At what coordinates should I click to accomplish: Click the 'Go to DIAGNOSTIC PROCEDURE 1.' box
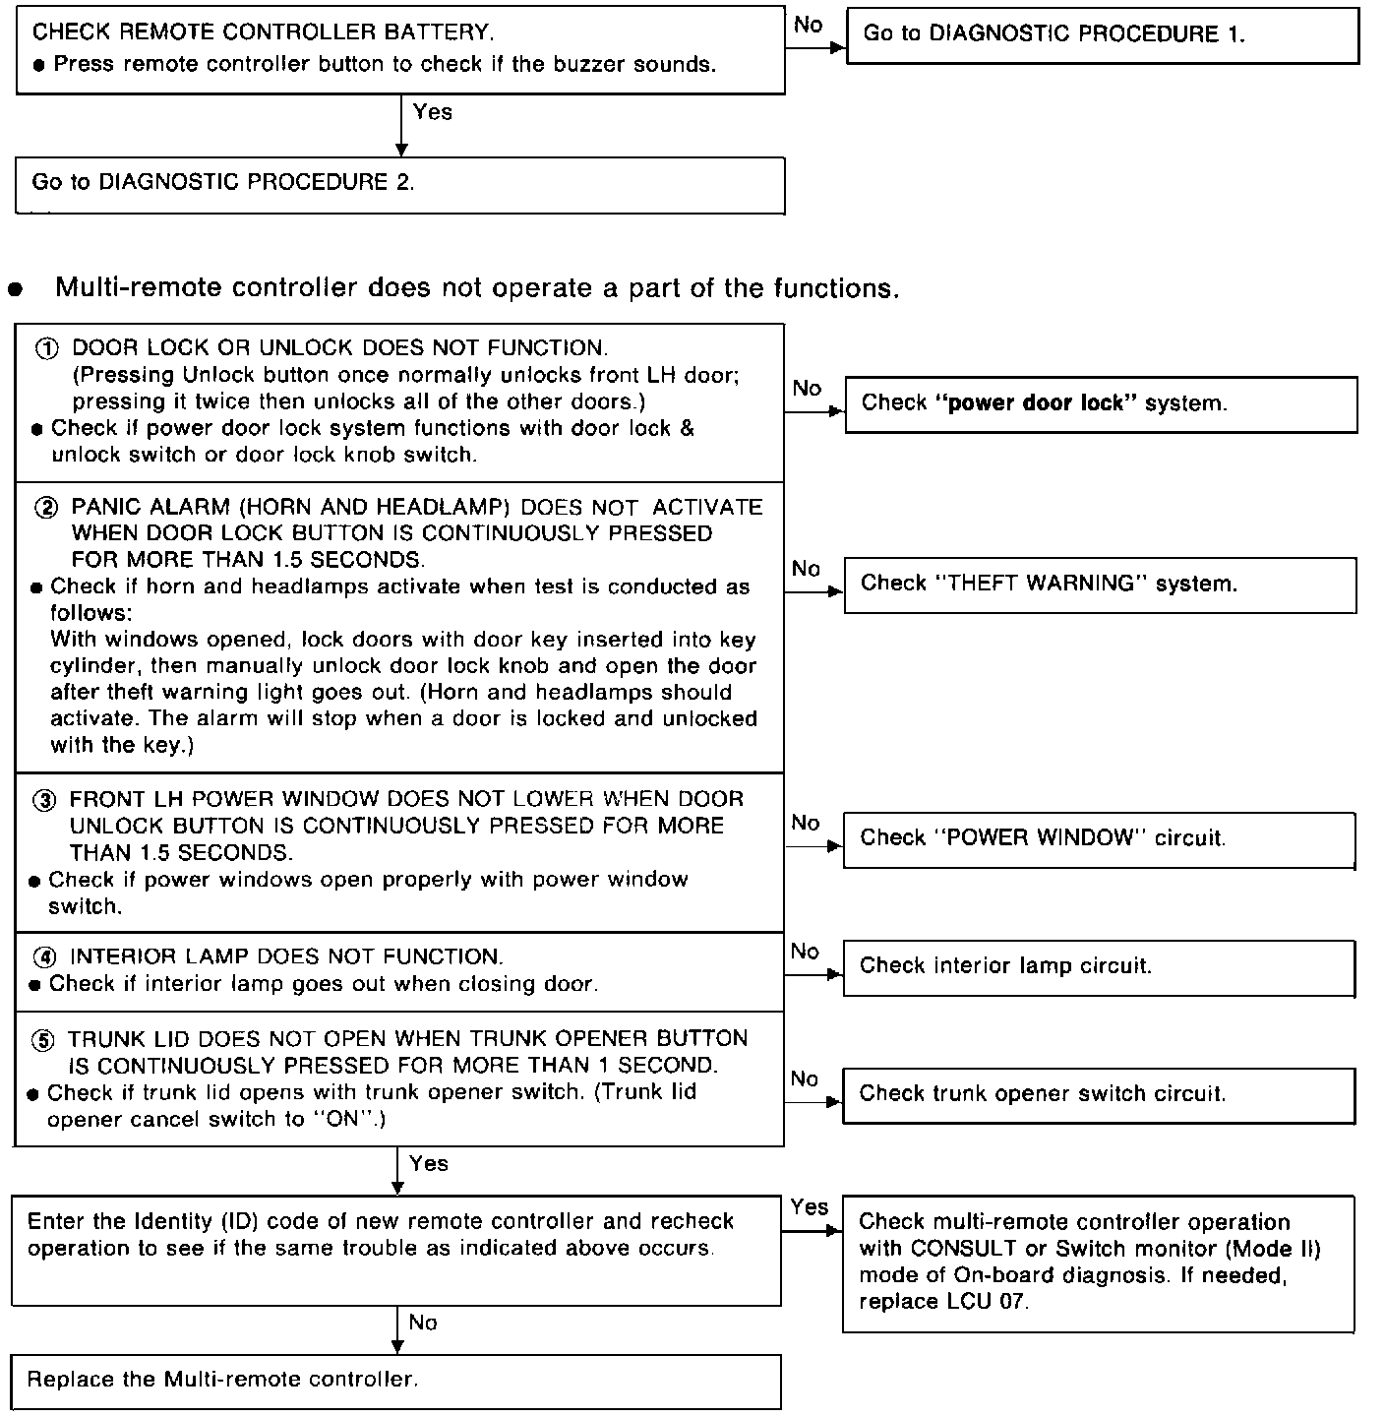tap(1102, 35)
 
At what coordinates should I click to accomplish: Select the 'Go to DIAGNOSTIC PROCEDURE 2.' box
tap(399, 184)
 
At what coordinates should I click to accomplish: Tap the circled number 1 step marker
tap(47, 348)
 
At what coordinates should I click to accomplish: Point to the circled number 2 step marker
tap(47, 508)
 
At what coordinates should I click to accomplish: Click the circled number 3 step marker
tap(45, 800)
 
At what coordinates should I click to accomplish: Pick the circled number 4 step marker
tap(45, 957)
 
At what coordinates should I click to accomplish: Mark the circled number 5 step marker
tap(44, 1039)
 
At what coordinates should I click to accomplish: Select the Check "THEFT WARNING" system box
tap(1100, 585)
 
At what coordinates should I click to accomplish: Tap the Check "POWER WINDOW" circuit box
tap(1098, 838)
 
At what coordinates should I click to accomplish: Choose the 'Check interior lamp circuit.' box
tap(1098, 966)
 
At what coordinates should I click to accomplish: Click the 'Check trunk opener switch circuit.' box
tap(1098, 1094)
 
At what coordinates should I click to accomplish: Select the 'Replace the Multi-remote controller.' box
tap(395, 1381)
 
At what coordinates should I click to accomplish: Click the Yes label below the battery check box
tap(433, 112)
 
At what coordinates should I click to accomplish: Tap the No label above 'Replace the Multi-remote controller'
tap(423, 1324)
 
